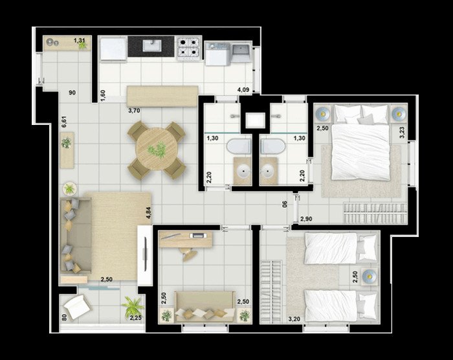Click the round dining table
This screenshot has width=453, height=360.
(157, 149)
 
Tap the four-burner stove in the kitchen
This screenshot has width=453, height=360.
(189, 49)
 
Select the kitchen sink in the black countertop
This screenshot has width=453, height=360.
(152, 46)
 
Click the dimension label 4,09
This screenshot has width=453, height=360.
(243, 89)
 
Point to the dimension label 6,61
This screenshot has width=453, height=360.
(64, 122)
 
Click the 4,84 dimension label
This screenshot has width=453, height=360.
(148, 212)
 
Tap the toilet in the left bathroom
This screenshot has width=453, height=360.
(239, 146)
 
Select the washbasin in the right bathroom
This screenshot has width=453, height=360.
(269, 171)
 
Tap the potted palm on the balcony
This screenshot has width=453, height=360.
(132, 307)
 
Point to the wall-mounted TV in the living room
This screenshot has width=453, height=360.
(146, 254)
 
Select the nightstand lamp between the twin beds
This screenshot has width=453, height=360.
(370, 277)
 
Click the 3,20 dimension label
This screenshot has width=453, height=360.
(294, 319)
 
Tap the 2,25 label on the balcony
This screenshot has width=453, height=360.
(135, 318)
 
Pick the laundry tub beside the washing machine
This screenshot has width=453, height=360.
(241, 54)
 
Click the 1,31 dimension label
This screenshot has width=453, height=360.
(79, 41)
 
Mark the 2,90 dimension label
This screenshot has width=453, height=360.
(306, 219)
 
